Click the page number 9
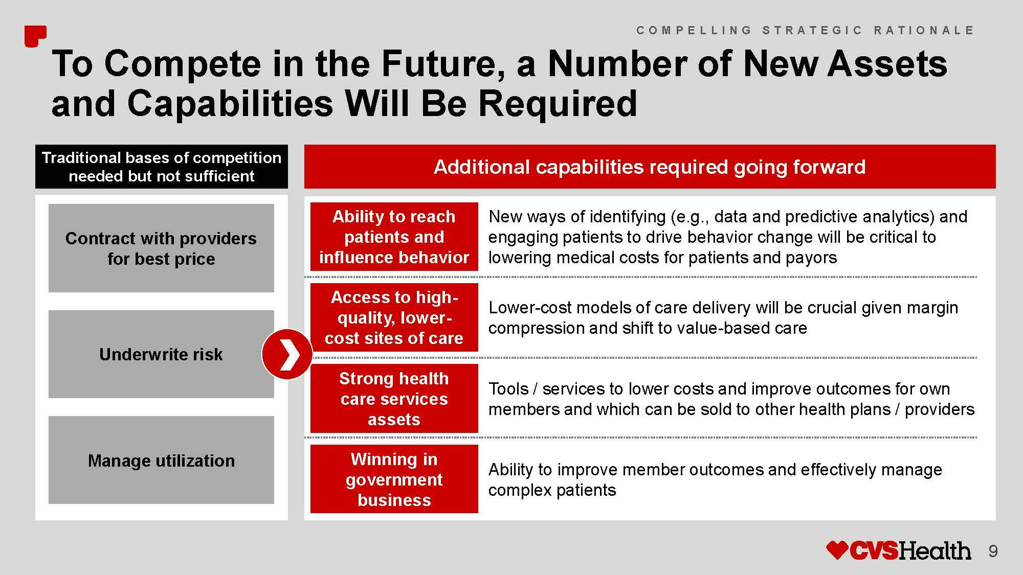coord(993,551)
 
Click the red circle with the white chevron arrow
coord(287,354)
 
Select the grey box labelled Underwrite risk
coord(161,354)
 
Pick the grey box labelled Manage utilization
coord(161,460)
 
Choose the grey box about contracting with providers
coord(161,248)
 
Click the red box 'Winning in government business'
coord(394,479)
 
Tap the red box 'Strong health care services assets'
coord(394,398)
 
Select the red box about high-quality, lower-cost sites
coord(394,317)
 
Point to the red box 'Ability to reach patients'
coord(394,237)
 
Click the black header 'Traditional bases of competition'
coord(161,167)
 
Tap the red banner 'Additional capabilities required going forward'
coord(650,167)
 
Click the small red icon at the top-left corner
coord(35,36)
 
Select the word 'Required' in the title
coord(558,103)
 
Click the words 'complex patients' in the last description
coord(552,490)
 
